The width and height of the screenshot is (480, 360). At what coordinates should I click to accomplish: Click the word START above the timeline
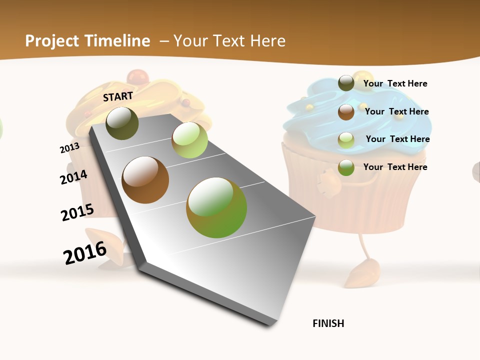118,96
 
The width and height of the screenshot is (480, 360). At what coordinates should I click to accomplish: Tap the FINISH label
328,323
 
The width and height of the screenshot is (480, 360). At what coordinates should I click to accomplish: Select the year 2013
69,148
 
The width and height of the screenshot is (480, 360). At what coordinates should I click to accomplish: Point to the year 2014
73,177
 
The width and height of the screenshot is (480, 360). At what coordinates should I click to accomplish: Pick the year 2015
77,212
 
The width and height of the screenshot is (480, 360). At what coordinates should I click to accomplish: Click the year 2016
85,253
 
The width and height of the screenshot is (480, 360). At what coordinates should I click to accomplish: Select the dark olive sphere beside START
122,123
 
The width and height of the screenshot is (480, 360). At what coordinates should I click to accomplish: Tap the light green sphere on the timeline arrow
189,140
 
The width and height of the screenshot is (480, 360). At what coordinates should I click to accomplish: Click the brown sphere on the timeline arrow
145,180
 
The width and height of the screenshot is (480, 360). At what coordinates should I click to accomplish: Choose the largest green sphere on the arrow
216,207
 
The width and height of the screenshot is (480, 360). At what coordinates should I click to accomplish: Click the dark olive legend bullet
346,83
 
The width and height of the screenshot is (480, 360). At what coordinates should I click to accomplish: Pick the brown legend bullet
346,112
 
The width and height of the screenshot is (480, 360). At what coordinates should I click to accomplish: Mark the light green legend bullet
346,140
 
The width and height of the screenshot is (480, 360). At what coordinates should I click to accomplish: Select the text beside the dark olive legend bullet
395,83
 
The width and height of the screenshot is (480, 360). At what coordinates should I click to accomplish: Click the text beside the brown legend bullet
396,111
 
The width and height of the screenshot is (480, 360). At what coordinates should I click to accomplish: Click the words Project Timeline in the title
87,41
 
